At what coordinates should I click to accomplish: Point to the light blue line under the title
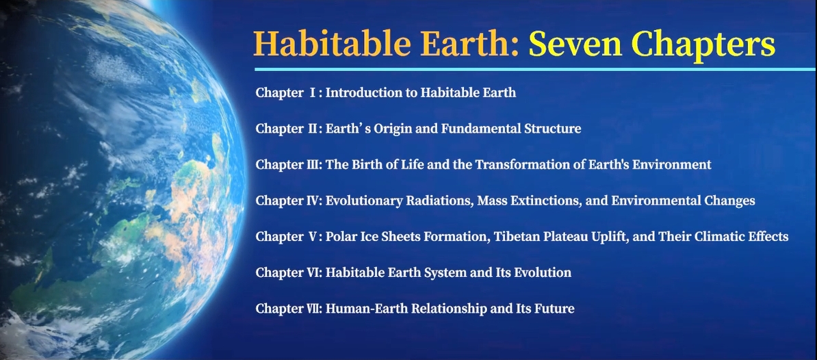(535, 69)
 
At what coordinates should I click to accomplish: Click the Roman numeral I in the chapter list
(313, 92)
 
